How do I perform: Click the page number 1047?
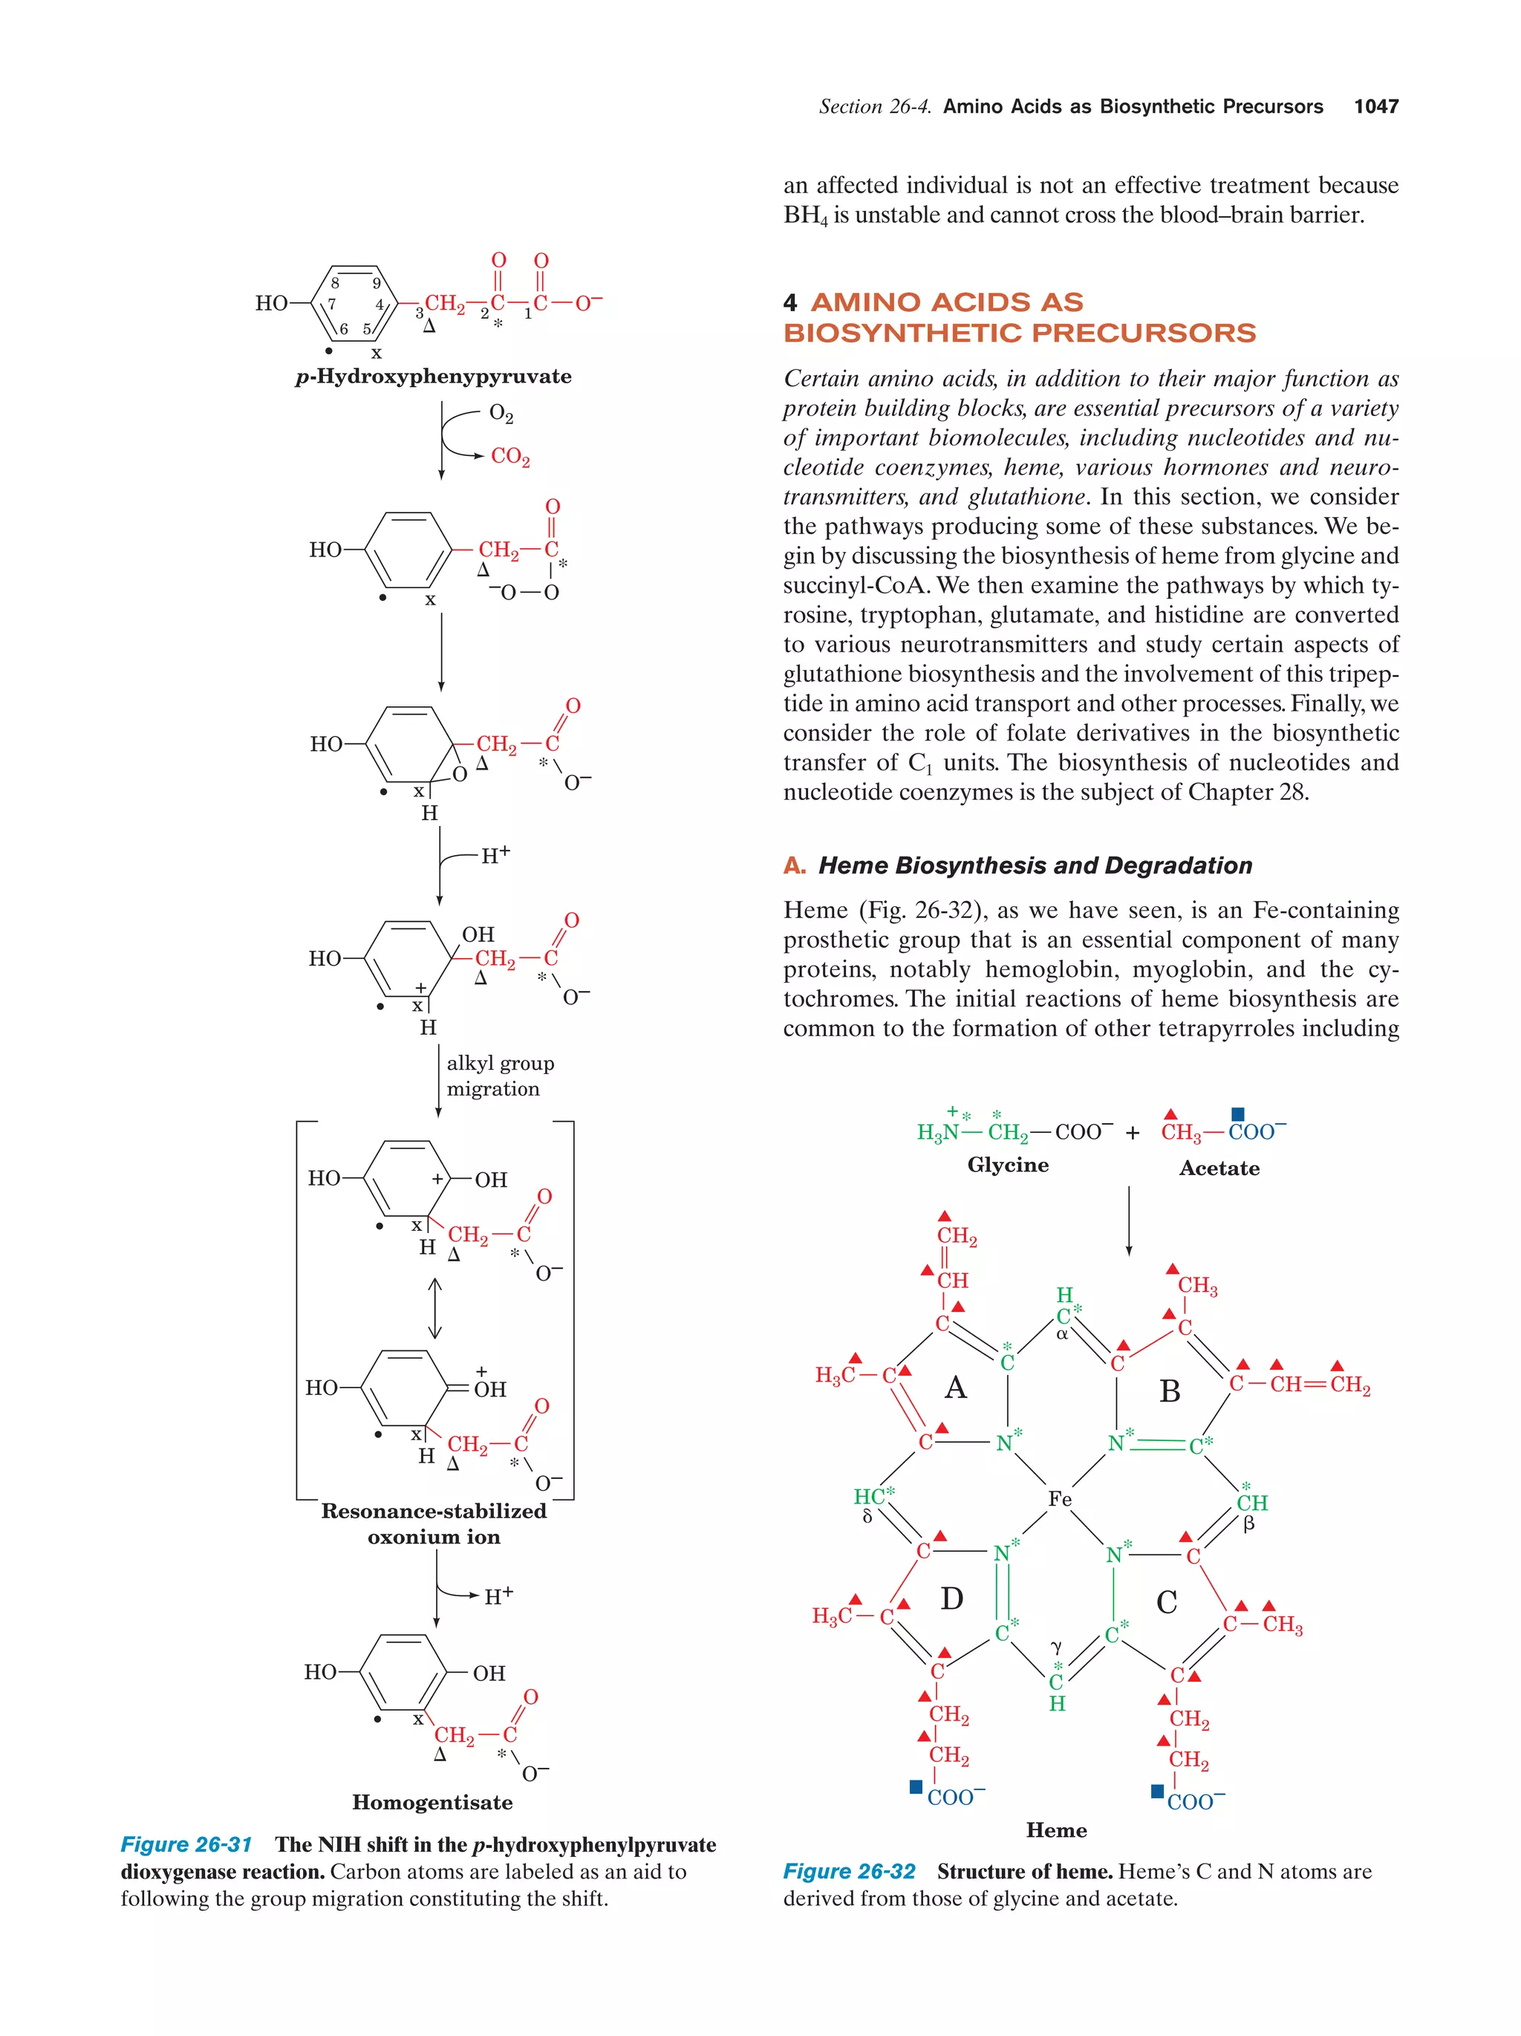pyautogui.click(x=1375, y=107)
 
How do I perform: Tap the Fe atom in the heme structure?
pyautogui.click(x=1059, y=1500)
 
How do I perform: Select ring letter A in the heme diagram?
pyautogui.click(x=955, y=1387)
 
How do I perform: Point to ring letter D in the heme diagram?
pyautogui.click(x=951, y=1598)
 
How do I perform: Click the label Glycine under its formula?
pyautogui.click(x=1008, y=1165)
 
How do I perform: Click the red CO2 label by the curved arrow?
pyautogui.click(x=509, y=457)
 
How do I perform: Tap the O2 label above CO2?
pyautogui.click(x=501, y=413)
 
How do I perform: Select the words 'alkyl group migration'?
pyautogui.click(x=500, y=1076)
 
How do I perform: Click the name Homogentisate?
pyautogui.click(x=431, y=1802)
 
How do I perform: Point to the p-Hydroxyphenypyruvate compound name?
pyautogui.click(x=434, y=377)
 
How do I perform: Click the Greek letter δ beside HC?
pyautogui.click(x=867, y=1516)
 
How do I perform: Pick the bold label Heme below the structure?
pyautogui.click(x=1056, y=1830)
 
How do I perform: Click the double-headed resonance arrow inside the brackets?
pyautogui.click(x=435, y=1308)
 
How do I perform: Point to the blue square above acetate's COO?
pyautogui.click(x=1237, y=1115)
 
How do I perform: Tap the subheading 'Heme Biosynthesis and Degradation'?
pyautogui.click(x=1035, y=865)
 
